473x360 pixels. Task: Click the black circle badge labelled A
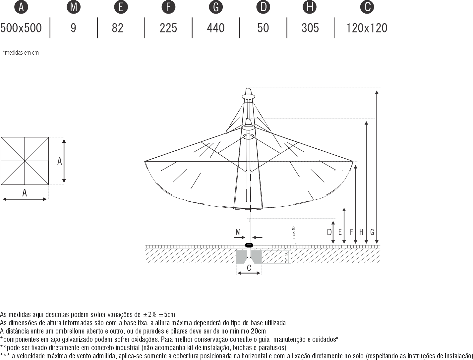tap(21, 7)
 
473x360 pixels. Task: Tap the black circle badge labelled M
tap(74, 7)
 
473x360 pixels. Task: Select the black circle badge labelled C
tap(367, 7)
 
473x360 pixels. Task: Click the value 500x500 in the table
tap(21, 28)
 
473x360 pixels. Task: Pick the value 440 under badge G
tap(216, 28)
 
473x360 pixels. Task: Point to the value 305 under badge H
tap(310, 28)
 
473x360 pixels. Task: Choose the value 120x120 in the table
tap(367, 28)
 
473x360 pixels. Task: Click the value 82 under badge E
tap(118, 28)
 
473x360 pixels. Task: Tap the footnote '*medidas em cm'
tap(21, 53)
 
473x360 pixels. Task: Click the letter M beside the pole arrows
tap(238, 232)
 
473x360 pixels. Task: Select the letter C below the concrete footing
tap(249, 268)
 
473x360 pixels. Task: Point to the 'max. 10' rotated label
tap(293, 232)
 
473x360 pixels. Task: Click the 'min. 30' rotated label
tap(286, 257)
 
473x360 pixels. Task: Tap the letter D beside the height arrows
tap(329, 232)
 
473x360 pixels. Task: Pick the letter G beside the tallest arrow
tap(372, 232)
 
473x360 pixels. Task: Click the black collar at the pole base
tap(249, 245)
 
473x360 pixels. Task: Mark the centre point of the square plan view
tap(25, 161)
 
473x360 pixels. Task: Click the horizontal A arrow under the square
tap(25, 199)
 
